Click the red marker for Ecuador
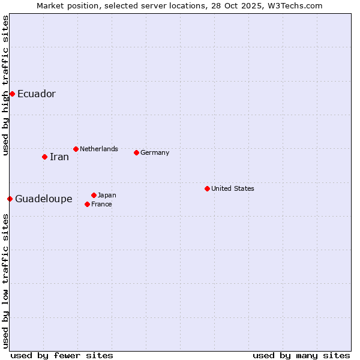[x=12, y=94]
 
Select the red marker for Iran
[x=44, y=157]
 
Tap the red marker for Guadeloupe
[x=10, y=199]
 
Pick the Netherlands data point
[x=76, y=149]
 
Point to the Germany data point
[x=136, y=152]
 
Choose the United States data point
[x=207, y=188]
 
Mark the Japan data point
[x=94, y=195]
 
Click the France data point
[x=87, y=204]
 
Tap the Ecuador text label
[x=36, y=94]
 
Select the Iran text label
[x=59, y=157]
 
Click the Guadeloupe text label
[x=43, y=199]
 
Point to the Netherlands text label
[x=99, y=149]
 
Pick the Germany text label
[x=155, y=152]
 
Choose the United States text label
[x=233, y=188]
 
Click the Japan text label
[x=107, y=195]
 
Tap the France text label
[x=101, y=204]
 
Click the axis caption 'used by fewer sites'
[x=62, y=355]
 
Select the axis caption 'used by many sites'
[x=301, y=355]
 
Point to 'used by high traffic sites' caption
[x=5, y=85]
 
